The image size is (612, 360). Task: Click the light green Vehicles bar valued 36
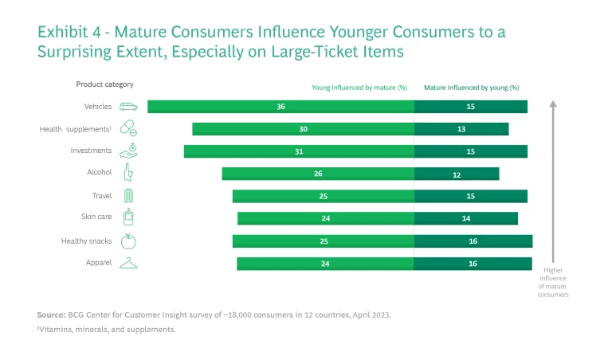pyautogui.click(x=280, y=107)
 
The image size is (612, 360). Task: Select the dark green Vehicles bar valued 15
pyautogui.click(x=470, y=107)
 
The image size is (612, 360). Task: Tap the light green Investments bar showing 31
pyautogui.click(x=299, y=151)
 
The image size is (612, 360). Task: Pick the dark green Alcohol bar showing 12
pyautogui.click(x=456, y=174)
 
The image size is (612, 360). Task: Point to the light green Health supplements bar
pyautogui.click(x=303, y=129)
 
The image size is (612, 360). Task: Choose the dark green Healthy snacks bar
pyautogui.click(x=473, y=241)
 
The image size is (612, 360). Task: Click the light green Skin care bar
pyautogui.click(x=325, y=218)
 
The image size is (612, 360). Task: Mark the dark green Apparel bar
pyautogui.click(x=473, y=264)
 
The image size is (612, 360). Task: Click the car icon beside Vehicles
pyautogui.click(x=128, y=107)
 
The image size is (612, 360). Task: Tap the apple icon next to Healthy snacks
pyautogui.click(x=128, y=241)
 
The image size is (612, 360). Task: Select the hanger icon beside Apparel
pyautogui.click(x=128, y=264)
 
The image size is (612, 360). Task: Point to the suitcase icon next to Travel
pyautogui.click(x=128, y=196)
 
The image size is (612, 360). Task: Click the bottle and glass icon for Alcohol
pyautogui.click(x=127, y=173)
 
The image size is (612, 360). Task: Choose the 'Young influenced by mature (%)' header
pyautogui.click(x=359, y=88)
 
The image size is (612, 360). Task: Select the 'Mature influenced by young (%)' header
pyautogui.click(x=471, y=88)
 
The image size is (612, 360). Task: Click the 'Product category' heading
pyautogui.click(x=104, y=84)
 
